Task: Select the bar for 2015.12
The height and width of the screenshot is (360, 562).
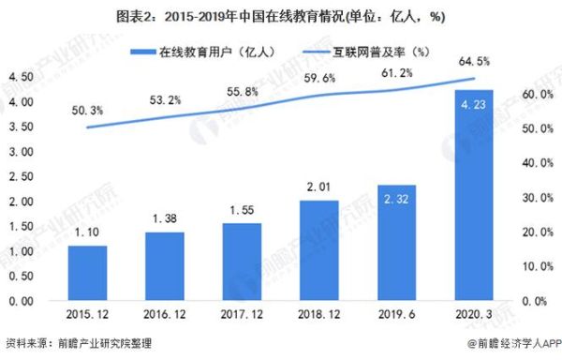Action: pyautogui.click(x=87, y=273)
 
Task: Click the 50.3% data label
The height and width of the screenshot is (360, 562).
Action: pyautogui.click(x=87, y=112)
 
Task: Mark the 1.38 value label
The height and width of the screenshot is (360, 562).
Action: pyautogui.click(x=164, y=218)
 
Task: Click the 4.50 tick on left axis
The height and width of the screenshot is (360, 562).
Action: pyautogui.click(x=22, y=77)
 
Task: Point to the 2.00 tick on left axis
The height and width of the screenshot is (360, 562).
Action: pyautogui.click(x=22, y=202)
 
